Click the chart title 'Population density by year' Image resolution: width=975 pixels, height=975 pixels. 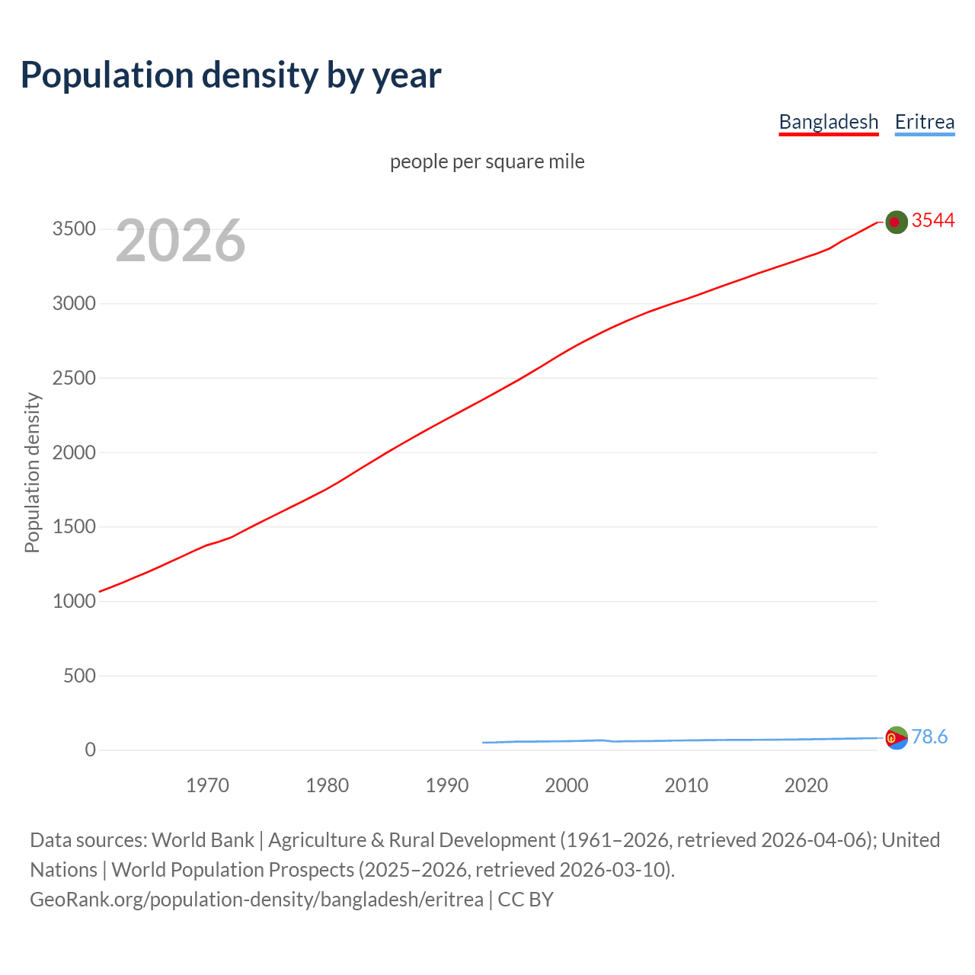(231, 75)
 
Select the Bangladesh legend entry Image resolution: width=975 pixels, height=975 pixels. (828, 122)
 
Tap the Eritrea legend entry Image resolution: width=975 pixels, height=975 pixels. (924, 122)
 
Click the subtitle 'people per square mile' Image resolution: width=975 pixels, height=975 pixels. (487, 161)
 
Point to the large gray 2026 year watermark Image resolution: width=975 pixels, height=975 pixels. (181, 241)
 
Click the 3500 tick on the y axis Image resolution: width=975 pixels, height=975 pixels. (74, 229)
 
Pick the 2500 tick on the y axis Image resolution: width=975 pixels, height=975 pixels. (74, 378)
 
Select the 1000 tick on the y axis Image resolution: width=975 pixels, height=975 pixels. (74, 601)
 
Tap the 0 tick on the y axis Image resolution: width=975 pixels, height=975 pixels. (90, 750)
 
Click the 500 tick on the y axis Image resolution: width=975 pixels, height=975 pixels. (79, 676)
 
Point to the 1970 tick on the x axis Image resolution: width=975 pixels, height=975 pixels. (207, 785)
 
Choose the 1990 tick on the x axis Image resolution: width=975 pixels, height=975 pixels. (447, 785)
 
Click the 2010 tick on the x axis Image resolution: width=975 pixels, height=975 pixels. (686, 785)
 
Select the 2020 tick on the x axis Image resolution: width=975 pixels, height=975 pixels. (806, 785)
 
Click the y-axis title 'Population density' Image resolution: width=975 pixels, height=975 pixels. (32, 472)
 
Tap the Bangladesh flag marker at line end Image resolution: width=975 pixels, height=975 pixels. (896, 222)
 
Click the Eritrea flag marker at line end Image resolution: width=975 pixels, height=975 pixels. (896, 737)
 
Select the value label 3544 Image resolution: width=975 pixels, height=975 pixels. (932, 220)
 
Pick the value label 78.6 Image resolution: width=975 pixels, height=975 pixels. (929, 737)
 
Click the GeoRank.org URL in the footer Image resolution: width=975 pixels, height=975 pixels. (257, 900)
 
